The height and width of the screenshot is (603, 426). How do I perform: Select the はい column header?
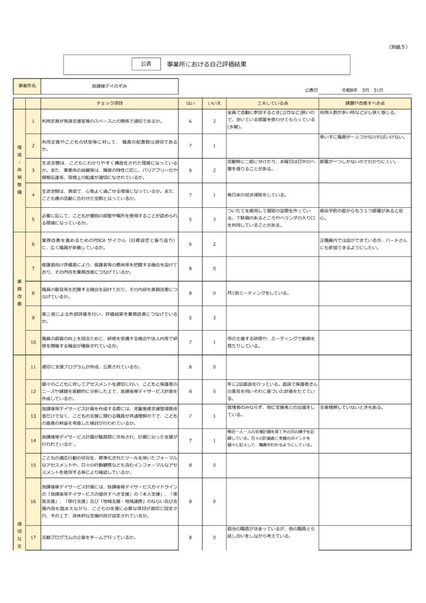click(x=190, y=103)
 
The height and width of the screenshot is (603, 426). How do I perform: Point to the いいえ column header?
click(x=214, y=103)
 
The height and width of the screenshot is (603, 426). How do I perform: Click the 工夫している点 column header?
click(x=272, y=103)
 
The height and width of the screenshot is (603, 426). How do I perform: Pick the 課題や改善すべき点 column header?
click(x=365, y=103)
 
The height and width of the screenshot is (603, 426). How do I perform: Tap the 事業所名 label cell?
click(x=28, y=86)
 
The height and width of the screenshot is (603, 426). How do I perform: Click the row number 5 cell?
click(x=33, y=220)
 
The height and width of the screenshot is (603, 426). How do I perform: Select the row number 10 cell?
click(x=33, y=342)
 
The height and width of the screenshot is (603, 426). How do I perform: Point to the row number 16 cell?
click(x=33, y=501)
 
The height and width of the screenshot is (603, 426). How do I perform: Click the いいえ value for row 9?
click(x=214, y=317)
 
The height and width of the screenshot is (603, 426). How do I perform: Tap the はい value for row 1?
click(x=190, y=121)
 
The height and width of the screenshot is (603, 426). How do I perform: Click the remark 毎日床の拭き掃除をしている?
click(x=256, y=194)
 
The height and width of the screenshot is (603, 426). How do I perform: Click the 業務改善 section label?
click(x=19, y=293)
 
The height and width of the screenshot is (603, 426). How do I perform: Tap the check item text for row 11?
click(x=91, y=366)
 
